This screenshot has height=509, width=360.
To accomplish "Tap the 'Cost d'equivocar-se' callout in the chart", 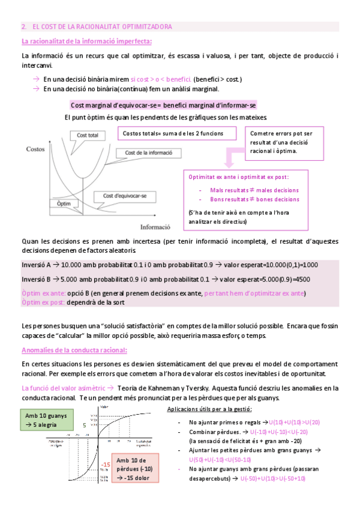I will point(125,196).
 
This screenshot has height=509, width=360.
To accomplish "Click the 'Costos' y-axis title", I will point(35,148).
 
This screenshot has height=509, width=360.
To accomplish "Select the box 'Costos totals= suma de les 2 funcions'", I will point(173,133).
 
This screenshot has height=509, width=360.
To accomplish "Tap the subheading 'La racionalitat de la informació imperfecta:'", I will point(86,41).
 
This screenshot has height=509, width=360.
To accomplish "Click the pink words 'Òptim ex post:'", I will point(43,303).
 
